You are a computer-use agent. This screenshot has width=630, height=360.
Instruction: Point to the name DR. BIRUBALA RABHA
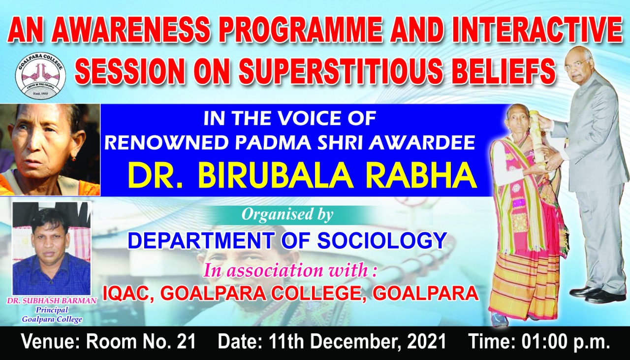tap(302, 176)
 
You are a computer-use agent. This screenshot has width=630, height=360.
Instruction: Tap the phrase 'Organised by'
tap(287, 215)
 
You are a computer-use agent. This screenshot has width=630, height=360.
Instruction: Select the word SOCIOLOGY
tap(382, 241)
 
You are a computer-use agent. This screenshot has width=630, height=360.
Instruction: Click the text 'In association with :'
tap(290, 270)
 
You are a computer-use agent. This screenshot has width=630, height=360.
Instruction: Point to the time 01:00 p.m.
tap(566, 342)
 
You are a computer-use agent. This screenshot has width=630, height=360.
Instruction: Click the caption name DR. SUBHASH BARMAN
tap(52, 300)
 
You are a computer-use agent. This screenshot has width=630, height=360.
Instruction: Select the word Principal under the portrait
tap(52, 310)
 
